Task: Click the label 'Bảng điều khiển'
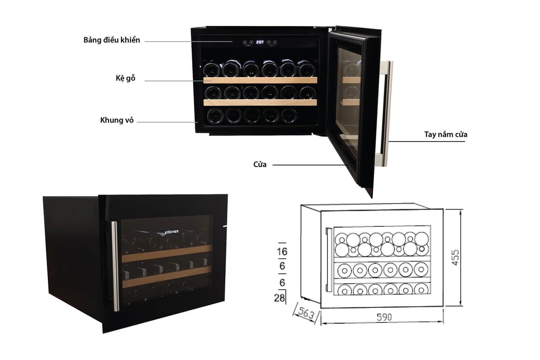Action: [x=111, y=40]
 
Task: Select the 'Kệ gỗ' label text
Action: [x=125, y=78]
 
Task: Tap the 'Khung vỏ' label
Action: [x=117, y=120]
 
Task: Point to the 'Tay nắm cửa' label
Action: [x=446, y=135]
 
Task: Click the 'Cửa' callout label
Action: [x=260, y=165]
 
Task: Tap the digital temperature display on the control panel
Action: [x=260, y=42]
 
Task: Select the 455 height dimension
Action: [x=455, y=257]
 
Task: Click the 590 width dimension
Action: [x=384, y=317]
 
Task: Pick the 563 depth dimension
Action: [x=306, y=314]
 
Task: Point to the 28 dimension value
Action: [x=279, y=297]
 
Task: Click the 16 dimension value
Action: [x=282, y=251]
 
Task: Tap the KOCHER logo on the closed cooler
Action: [x=172, y=231]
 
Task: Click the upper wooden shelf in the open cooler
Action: [x=260, y=80]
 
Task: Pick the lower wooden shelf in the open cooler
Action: [x=260, y=102]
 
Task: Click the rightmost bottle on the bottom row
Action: [x=289, y=116]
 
